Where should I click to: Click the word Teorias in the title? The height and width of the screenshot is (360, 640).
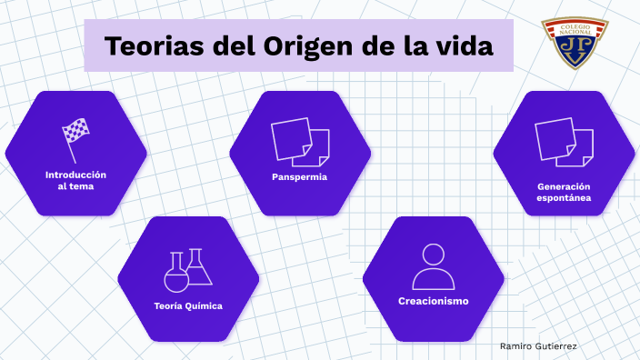(x=153, y=47)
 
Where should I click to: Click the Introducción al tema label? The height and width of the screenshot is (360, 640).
(x=75, y=179)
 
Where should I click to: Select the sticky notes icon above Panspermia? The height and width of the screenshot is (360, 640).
(x=299, y=143)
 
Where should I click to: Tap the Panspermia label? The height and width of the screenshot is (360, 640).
(x=299, y=176)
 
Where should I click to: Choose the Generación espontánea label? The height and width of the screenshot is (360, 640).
(x=564, y=191)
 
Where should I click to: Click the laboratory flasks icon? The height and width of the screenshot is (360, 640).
(x=188, y=270)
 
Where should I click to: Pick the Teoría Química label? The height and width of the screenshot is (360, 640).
(x=188, y=305)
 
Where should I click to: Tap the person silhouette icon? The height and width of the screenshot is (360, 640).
(x=433, y=266)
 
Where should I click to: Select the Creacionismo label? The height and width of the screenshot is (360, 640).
(x=433, y=301)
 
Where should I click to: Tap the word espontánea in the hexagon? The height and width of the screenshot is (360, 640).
(x=564, y=196)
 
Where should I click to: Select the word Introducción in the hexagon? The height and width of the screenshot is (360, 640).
(x=75, y=174)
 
